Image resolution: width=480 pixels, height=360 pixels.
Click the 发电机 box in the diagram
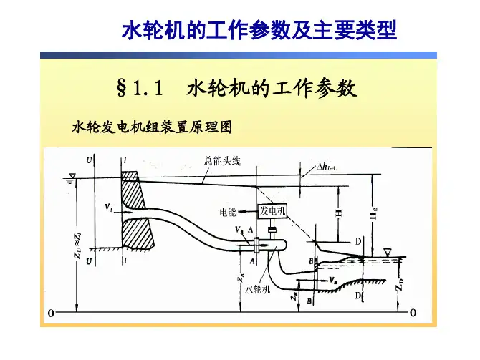point(272,211)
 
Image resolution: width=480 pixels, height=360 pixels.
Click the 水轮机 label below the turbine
point(257,289)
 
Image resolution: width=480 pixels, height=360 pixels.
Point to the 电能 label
point(229,212)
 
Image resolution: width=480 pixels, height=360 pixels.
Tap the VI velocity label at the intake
point(107,209)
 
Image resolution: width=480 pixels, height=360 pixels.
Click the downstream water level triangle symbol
point(387,252)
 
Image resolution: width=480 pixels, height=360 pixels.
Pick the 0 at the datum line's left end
point(51,313)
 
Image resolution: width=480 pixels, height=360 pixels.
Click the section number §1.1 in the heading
point(139,89)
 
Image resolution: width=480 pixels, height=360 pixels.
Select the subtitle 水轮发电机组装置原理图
point(153,127)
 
